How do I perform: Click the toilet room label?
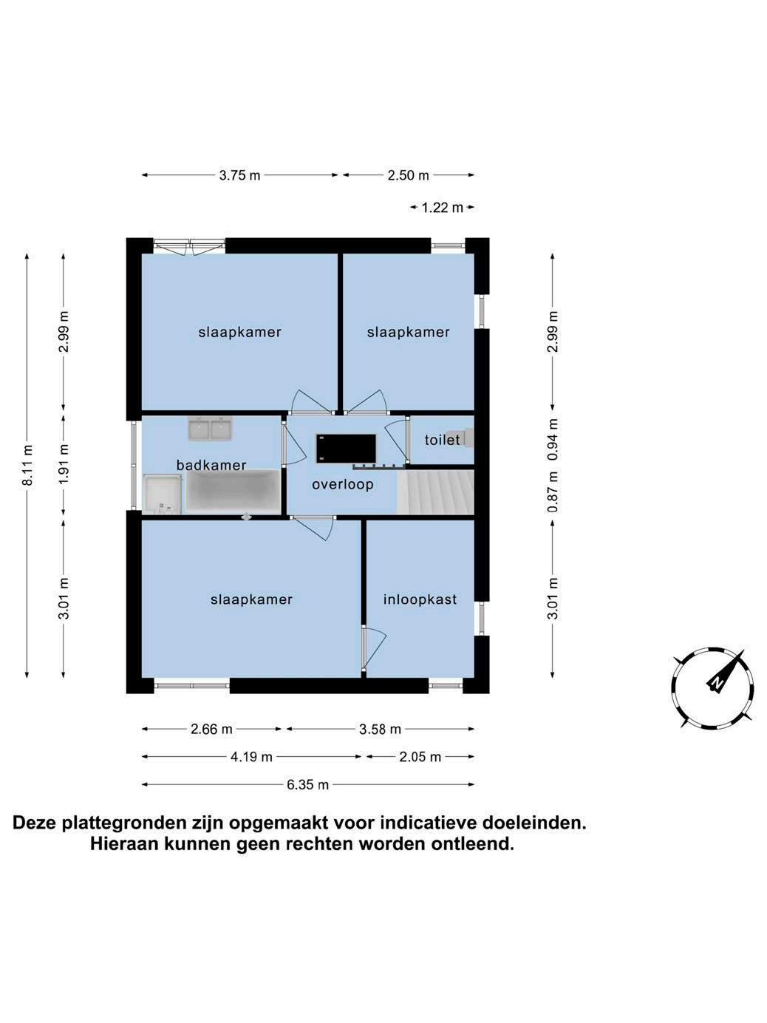pos(442,440)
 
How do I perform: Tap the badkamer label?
pos(211,465)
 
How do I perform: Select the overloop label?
pos(343,485)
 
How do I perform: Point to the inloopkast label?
pos(420,599)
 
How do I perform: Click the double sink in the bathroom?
pos(210,429)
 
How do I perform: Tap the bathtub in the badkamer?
pos(232,492)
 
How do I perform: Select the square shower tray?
pos(162,493)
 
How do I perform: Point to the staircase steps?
pos(435,492)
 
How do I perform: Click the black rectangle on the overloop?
pos(347,448)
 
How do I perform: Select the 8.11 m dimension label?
pos(27,466)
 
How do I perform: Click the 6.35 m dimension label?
pos(307,784)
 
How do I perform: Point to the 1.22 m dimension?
pos(442,208)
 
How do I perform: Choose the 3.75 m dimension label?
pos(239,175)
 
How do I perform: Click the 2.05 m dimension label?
pos(420,757)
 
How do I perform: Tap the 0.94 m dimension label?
pos(553,439)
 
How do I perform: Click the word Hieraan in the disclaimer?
pos(124,843)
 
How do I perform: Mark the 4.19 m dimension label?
pos(251,757)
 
